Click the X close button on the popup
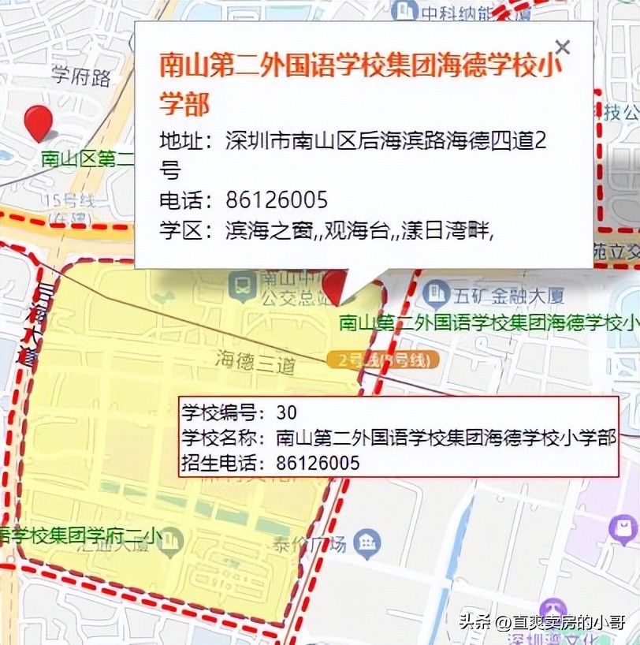pos(562,47)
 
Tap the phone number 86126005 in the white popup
pos(276,199)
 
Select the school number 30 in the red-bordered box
pos(287,412)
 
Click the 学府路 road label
pos(81,76)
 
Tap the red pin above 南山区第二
pos(38,123)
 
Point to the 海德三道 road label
pos(255,360)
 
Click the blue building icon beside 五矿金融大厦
pos(435,294)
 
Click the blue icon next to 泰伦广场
pos(367,542)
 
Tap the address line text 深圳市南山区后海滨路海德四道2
pos(385,142)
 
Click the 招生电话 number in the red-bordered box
pos(318,463)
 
